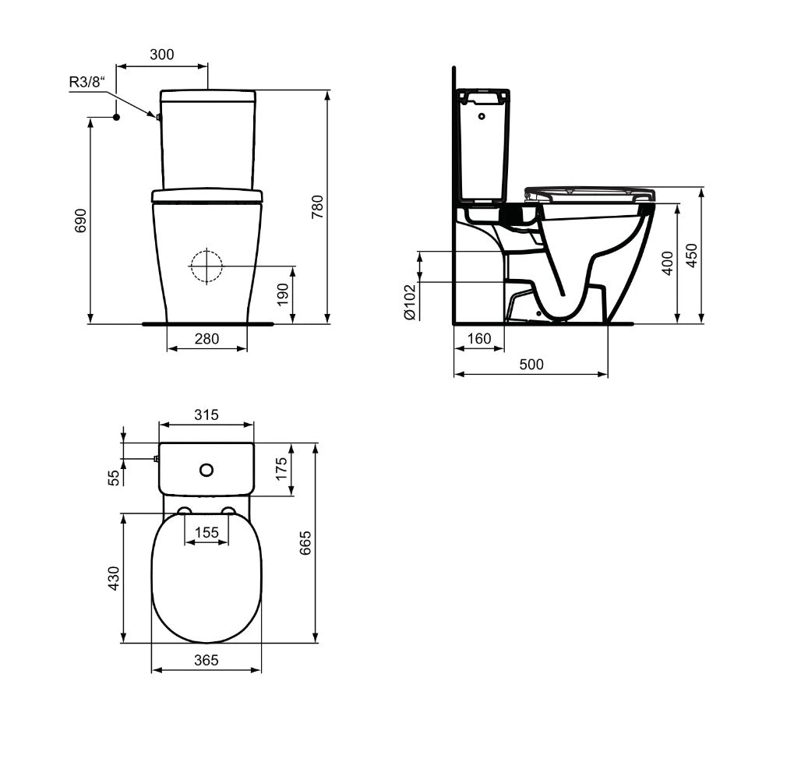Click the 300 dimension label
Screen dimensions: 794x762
[161, 55]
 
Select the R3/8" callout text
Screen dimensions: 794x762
[87, 82]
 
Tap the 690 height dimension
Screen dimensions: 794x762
[81, 220]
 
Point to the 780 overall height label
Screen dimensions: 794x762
[317, 206]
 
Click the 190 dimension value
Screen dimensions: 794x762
[283, 295]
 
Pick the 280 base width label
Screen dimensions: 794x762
[206, 339]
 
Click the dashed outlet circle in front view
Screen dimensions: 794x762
[206, 266]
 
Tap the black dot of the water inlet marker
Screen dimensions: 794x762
[116, 117]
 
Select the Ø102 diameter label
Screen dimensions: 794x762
[410, 302]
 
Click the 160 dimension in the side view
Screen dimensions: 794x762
[479, 338]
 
